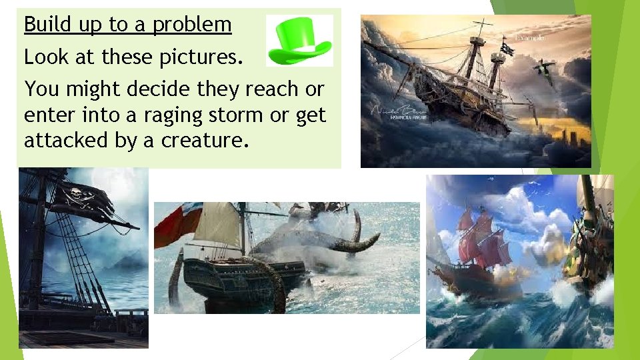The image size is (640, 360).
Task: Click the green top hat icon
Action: click(x=299, y=41)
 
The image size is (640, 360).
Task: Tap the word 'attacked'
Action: click(x=68, y=140)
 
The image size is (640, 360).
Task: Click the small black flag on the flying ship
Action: click(x=508, y=49)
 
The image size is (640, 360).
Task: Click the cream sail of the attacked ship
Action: click(x=218, y=225)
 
